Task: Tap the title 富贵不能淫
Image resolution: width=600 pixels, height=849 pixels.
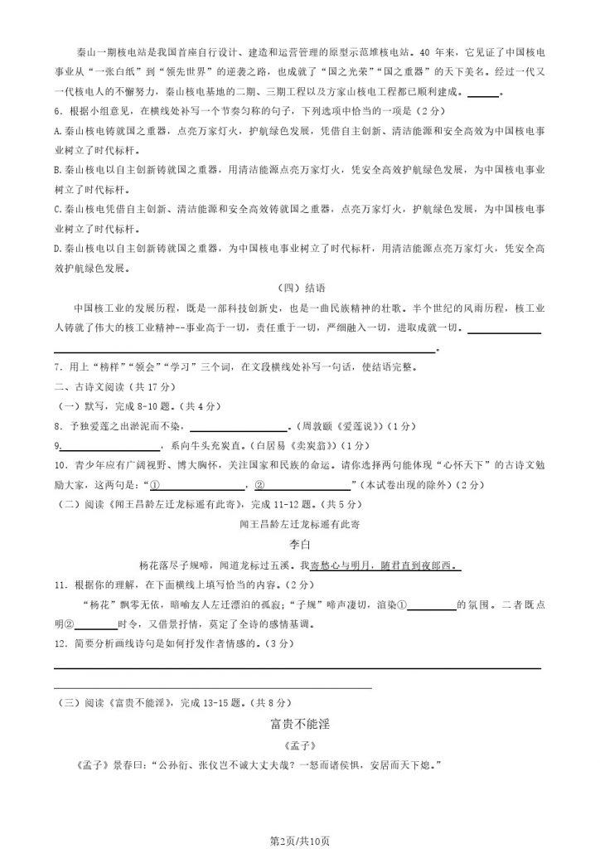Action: tap(299, 724)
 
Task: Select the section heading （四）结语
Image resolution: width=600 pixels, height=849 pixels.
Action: tap(299, 288)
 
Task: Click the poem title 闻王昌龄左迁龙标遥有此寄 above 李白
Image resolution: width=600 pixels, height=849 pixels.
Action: tap(299, 524)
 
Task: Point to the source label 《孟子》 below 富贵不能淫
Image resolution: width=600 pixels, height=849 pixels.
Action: tap(299, 745)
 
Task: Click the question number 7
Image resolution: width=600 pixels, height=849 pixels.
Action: tap(56, 366)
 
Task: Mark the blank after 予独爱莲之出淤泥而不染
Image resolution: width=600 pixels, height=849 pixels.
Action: tap(238, 426)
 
